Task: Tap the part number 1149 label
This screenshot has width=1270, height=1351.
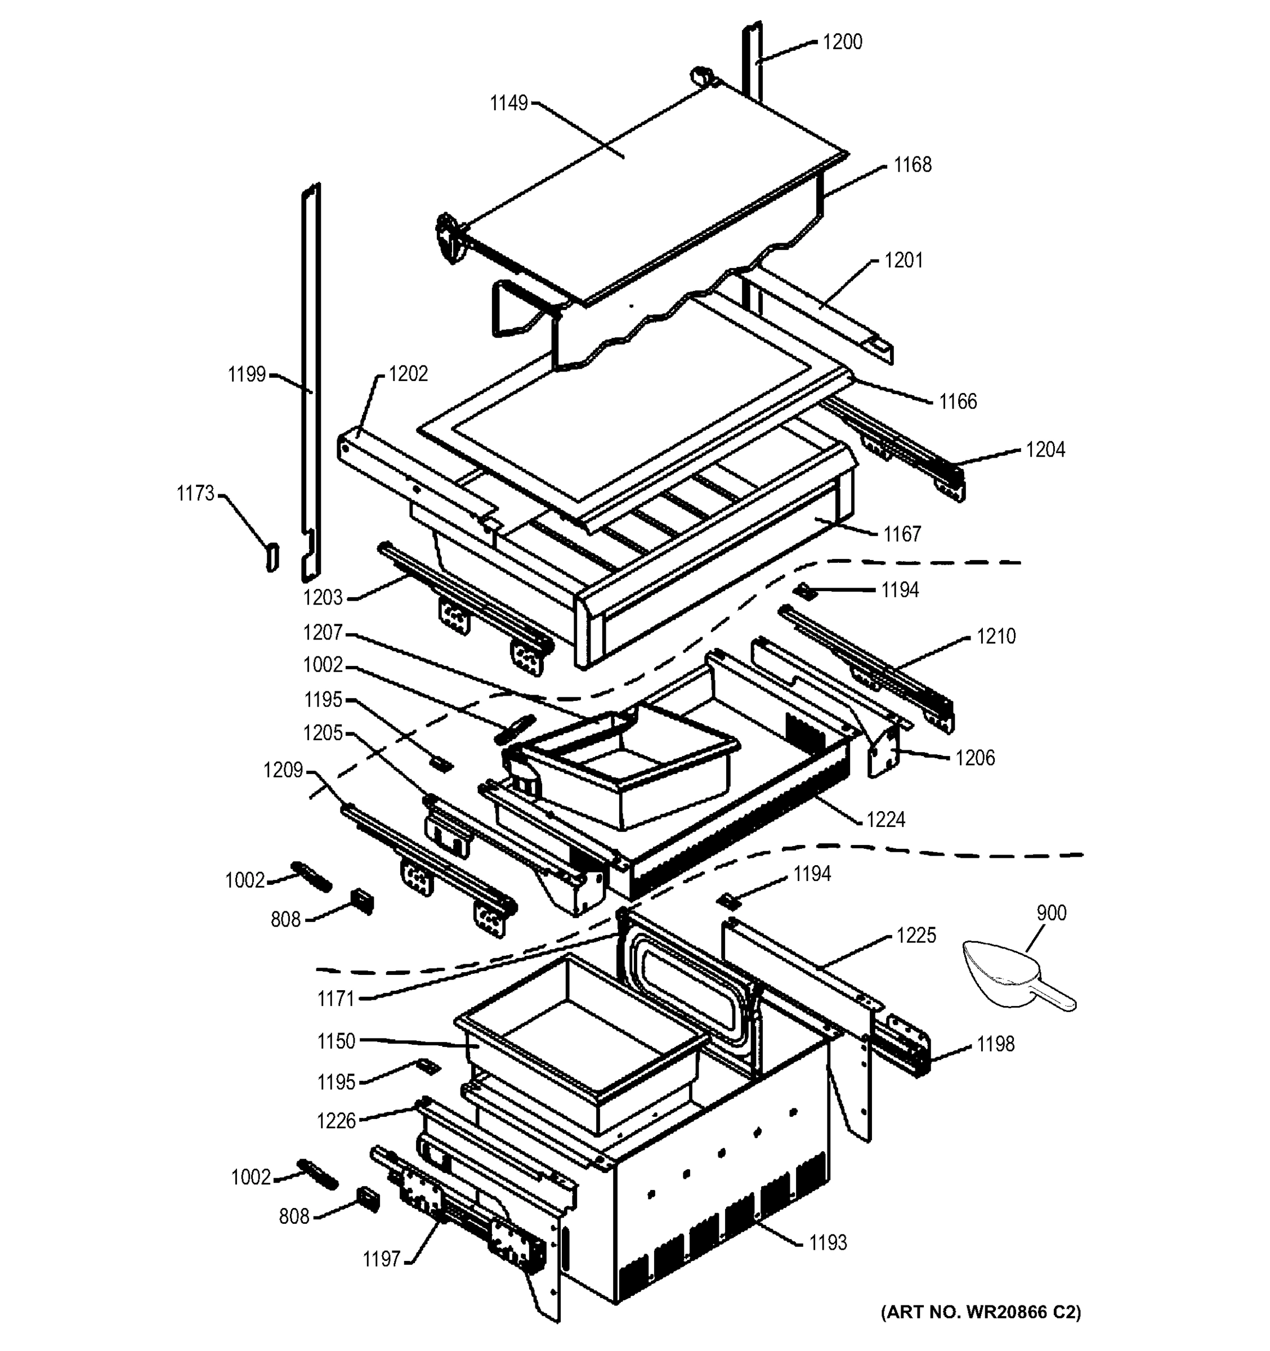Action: [508, 104]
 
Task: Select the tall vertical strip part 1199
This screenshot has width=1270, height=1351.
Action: [311, 381]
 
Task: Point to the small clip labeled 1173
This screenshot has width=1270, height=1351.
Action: [272, 557]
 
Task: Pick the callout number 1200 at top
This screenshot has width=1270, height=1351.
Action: [842, 42]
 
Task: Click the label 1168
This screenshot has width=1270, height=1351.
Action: [912, 164]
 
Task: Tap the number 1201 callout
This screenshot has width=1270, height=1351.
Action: [903, 260]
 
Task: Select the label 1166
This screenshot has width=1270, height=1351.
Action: [958, 401]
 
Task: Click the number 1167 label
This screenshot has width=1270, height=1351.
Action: [902, 534]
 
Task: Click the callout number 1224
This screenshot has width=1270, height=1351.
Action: [886, 820]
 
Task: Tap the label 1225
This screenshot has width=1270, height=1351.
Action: [915, 935]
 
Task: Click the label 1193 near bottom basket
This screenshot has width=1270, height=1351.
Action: [828, 1242]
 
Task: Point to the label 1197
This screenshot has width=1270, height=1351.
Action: [381, 1259]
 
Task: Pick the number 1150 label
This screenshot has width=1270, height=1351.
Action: [336, 1040]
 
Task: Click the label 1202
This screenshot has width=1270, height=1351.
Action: [408, 374]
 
